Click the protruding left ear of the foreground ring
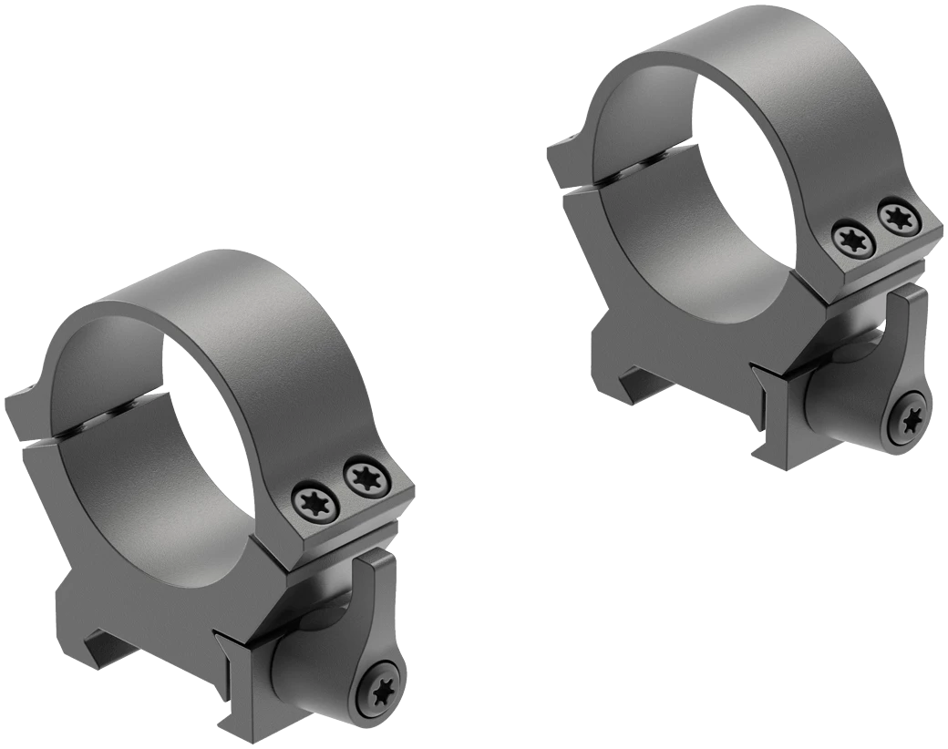pyautogui.click(x=23, y=410)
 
